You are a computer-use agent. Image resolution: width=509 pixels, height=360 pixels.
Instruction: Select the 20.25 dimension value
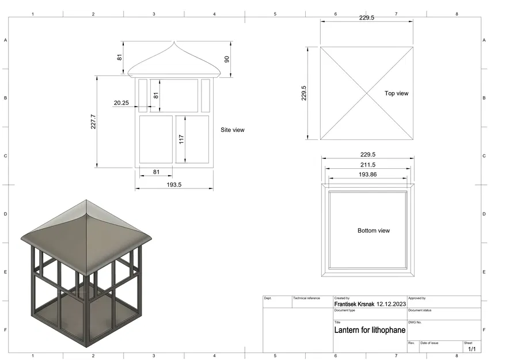(x=121, y=103)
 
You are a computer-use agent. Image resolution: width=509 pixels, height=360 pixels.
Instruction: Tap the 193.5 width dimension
(x=174, y=184)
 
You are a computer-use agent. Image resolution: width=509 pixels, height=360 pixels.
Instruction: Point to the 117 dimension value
(x=181, y=139)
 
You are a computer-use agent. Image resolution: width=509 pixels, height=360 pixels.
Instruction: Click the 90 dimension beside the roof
(x=227, y=59)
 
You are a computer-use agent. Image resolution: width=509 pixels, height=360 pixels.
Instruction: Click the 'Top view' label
(x=396, y=93)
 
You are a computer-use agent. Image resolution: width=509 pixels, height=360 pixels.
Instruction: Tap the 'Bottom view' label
(x=374, y=230)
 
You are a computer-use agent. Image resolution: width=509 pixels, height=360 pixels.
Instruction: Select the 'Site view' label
(x=233, y=130)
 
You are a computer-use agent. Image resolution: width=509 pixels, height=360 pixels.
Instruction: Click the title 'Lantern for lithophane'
(x=370, y=331)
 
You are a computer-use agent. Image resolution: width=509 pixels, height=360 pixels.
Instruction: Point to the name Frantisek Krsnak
(x=354, y=304)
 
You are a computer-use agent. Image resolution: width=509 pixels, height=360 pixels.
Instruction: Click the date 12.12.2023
(x=391, y=304)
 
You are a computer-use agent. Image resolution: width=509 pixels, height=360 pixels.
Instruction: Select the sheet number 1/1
(x=472, y=349)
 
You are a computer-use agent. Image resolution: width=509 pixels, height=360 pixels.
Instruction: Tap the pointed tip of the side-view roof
(x=174, y=42)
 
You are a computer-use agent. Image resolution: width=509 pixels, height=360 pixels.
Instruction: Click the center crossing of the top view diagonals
(x=367, y=93)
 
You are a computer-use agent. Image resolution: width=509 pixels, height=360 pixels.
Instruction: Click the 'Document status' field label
(x=420, y=310)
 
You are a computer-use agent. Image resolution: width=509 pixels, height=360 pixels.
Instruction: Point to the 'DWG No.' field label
(x=415, y=323)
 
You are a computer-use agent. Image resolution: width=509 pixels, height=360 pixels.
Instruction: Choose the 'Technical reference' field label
(x=306, y=298)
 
